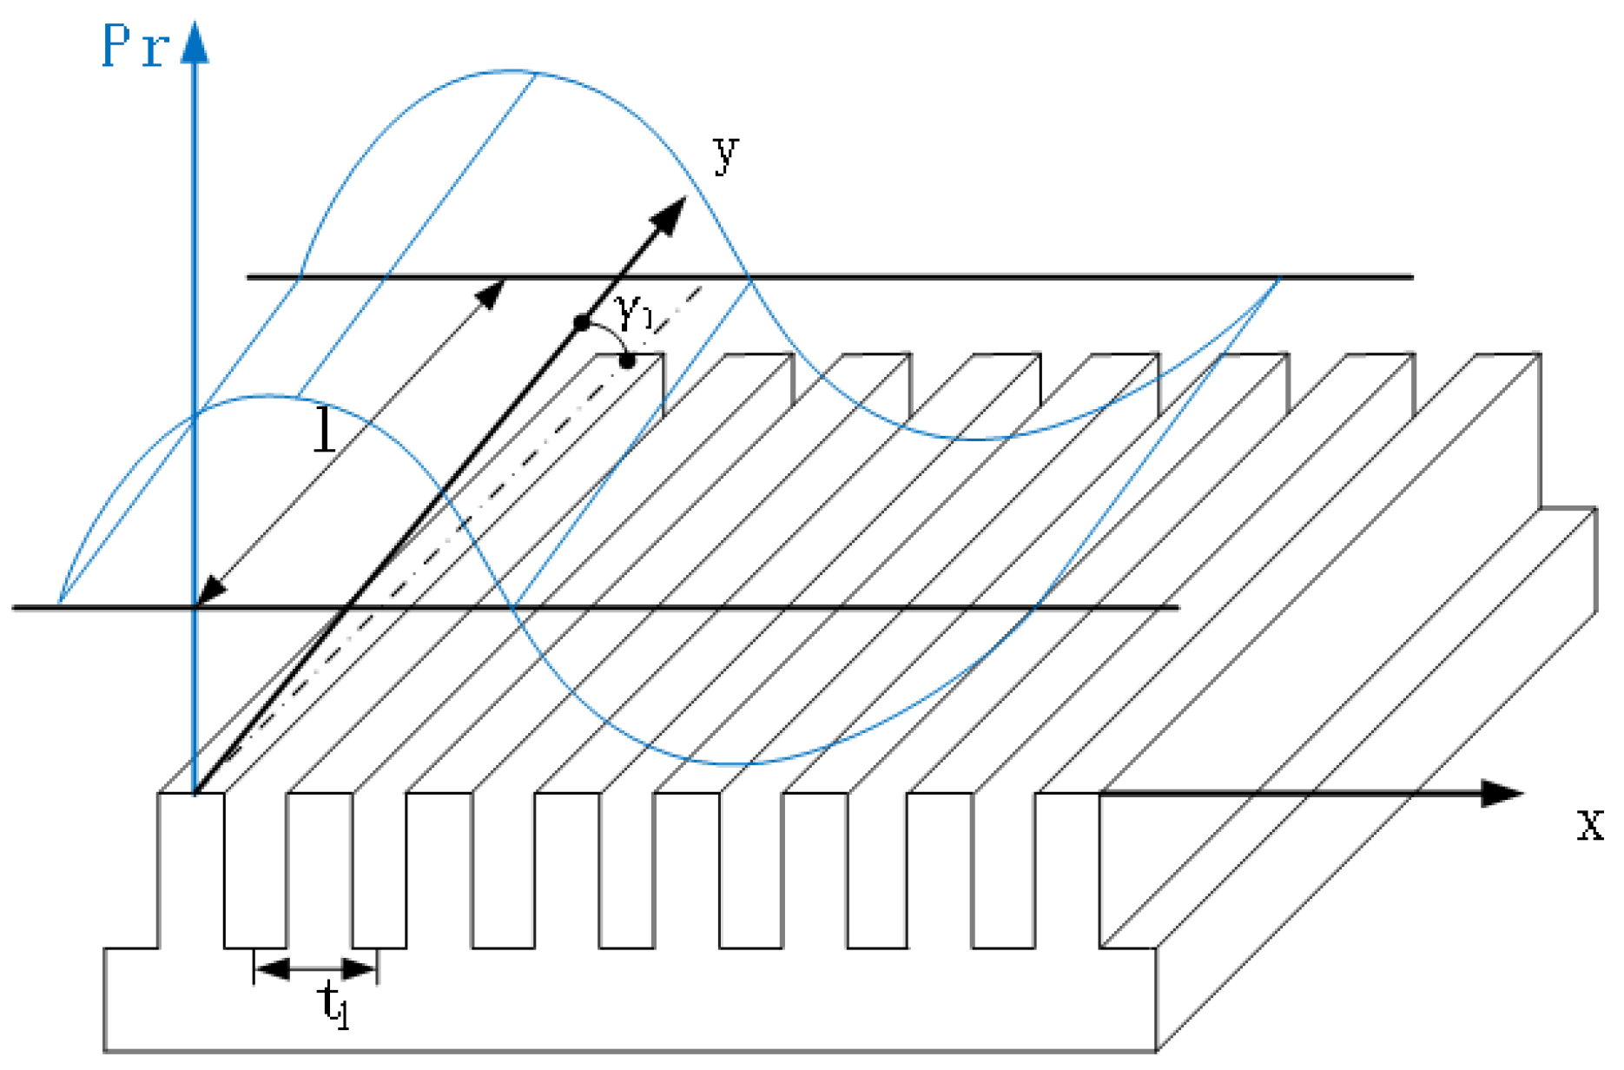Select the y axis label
tap(726, 155)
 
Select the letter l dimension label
tap(324, 431)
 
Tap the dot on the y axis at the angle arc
tap(582, 324)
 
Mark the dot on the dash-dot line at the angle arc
tap(627, 360)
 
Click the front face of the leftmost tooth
tap(191, 869)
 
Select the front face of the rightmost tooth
tap(1067, 869)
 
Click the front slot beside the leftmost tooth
tap(255, 869)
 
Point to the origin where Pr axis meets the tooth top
tap(195, 792)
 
